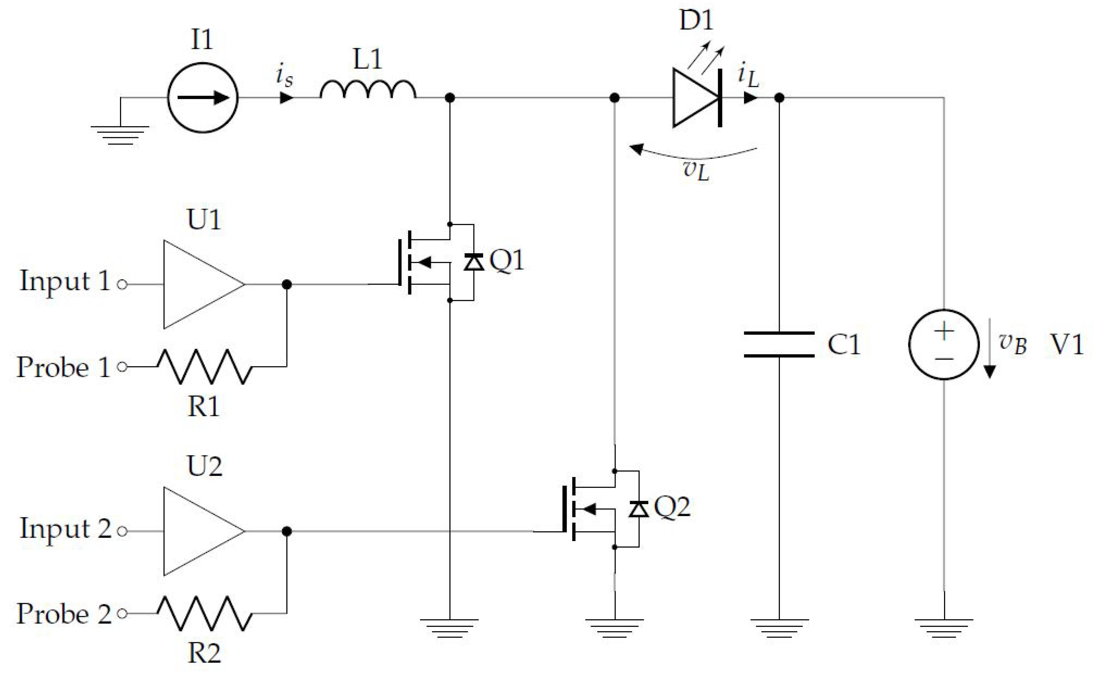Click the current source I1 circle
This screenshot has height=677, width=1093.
[x=202, y=98]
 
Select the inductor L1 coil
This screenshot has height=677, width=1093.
[x=368, y=90]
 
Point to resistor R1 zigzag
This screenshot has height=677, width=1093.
[x=204, y=367]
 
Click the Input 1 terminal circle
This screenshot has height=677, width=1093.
[x=122, y=284]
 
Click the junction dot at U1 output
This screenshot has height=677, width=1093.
[x=287, y=284]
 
